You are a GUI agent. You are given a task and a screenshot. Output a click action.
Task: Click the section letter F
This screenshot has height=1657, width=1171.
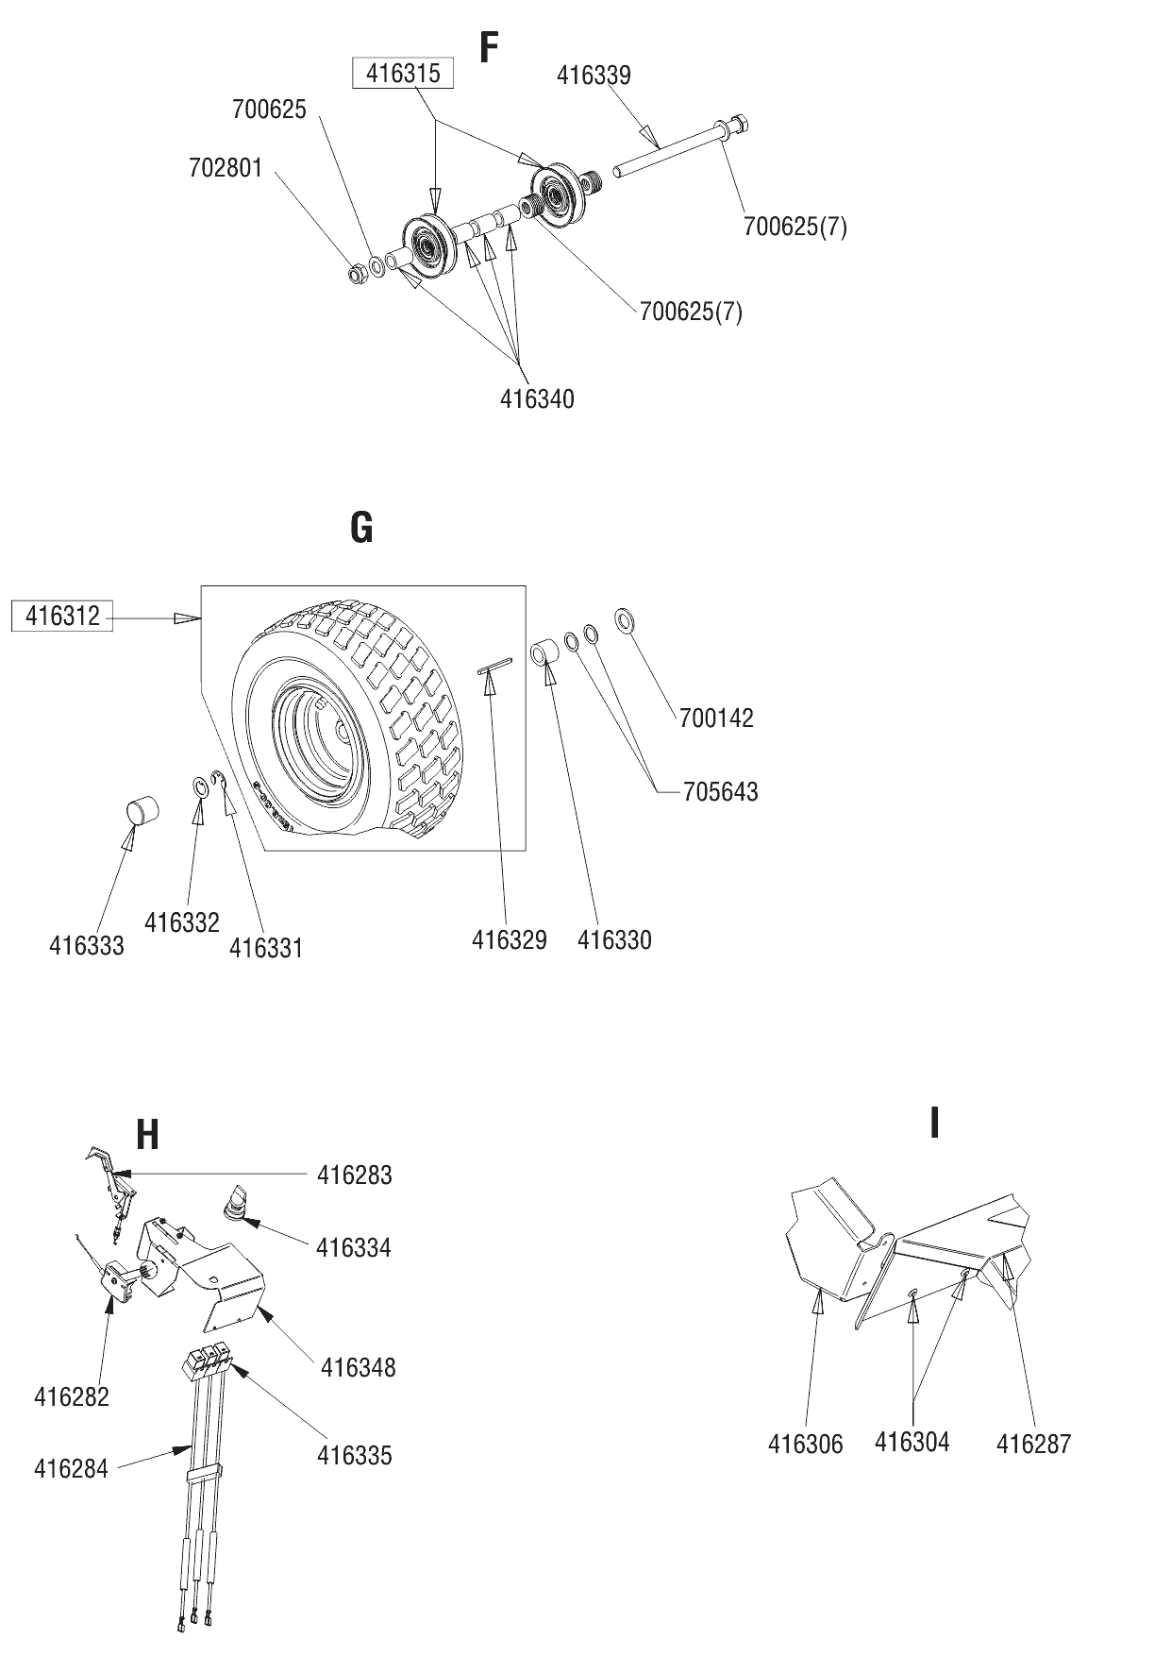pyautogui.click(x=488, y=47)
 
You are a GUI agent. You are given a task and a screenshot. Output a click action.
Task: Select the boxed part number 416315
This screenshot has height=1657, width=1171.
pyautogui.click(x=403, y=74)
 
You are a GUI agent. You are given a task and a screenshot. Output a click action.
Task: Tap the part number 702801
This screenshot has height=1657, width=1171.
pyautogui.click(x=226, y=168)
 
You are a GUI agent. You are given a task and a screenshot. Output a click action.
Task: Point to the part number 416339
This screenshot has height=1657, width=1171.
pyautogui.click(x=594, y=75)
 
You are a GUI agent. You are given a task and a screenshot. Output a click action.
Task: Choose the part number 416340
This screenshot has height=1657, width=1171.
pyautogui.click(x=537, y=398)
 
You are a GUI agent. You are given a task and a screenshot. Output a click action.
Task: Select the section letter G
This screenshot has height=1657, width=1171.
pyautogui.click(x=361, y=528)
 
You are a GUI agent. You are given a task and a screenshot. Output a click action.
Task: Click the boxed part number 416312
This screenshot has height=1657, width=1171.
pyautogui.click(x=62, y=617)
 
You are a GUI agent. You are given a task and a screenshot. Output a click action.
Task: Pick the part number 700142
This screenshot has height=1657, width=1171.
pyautogui.click(x=716, y=718)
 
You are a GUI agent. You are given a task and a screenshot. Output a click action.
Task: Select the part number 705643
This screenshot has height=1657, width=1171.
pyautogui.click(x=720, y=791)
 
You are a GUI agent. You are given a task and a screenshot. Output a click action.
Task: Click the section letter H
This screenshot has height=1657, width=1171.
pyautogui.click(x=147, y=1135)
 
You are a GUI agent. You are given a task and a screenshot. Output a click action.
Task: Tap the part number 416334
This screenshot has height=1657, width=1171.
pyautogui.click(x=354, y=1247)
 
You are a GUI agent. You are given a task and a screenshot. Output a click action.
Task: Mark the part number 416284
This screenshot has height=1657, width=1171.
pyautogui.click(x=71, y=1468)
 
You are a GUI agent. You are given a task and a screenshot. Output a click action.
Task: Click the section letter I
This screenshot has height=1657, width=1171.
pyautogui.click(x=934, y=1123)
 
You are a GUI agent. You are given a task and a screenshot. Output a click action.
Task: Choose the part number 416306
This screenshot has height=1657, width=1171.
pyautogui.click(x=805, y=1444)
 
